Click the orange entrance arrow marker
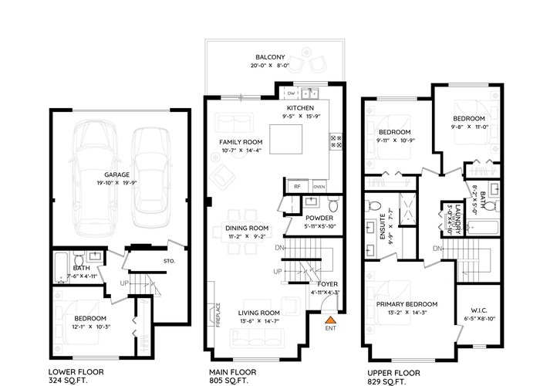(330, 320)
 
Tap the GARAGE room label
(117, 174)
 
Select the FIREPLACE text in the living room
(218, 315)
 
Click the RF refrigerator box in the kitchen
(297, 187)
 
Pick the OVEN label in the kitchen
(319, 187)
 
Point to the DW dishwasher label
(292, 93)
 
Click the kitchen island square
(286, 139)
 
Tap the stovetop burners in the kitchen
(336, 141)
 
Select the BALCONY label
(270, 57)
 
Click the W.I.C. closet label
(479, 310)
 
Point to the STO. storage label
(169, 261)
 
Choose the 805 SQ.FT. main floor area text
(228, 381)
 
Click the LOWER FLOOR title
(76, 372)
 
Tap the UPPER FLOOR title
(393, 373)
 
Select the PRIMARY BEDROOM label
(407, 304)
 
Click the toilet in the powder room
(333, 204)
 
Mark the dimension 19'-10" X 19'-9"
(117, 183)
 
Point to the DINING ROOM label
(247, 229)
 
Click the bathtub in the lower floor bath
(62, 268)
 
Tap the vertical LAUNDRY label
(457, 220)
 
